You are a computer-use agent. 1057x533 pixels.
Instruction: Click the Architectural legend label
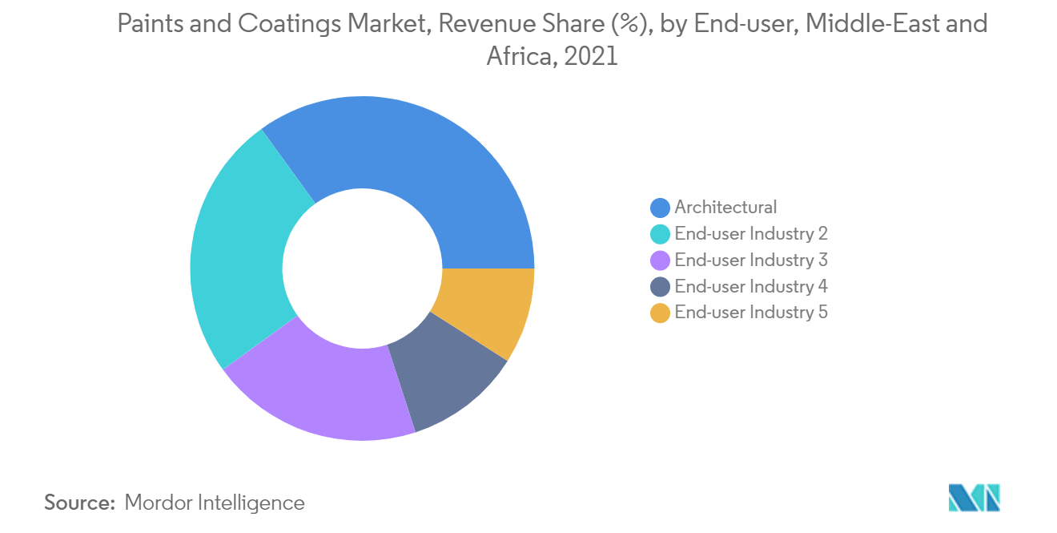click(x=725, y=208)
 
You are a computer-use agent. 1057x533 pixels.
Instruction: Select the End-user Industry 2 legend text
click(x=750, y=234)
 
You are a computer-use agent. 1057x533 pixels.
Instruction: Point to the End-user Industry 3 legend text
click(x=750, y=260)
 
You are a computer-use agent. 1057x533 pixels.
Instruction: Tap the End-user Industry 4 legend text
click(x=750, y=287)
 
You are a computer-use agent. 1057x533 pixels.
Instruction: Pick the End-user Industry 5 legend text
click(x=750, y=313)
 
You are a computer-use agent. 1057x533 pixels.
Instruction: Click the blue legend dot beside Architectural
click(x=660, y=208)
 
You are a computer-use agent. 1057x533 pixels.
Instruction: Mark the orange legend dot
click(x=660, y=314)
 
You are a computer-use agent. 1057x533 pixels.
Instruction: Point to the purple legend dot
click(x=660, y=261)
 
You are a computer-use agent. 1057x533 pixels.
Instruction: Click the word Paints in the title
click(x=146, y=24)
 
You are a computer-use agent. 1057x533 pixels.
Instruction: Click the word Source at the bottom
click(x=79, y=503)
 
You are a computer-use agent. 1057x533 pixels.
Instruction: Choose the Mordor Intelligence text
click(x=215, y=503)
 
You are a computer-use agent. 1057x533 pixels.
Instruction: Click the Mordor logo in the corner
click(x=974, y=498)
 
